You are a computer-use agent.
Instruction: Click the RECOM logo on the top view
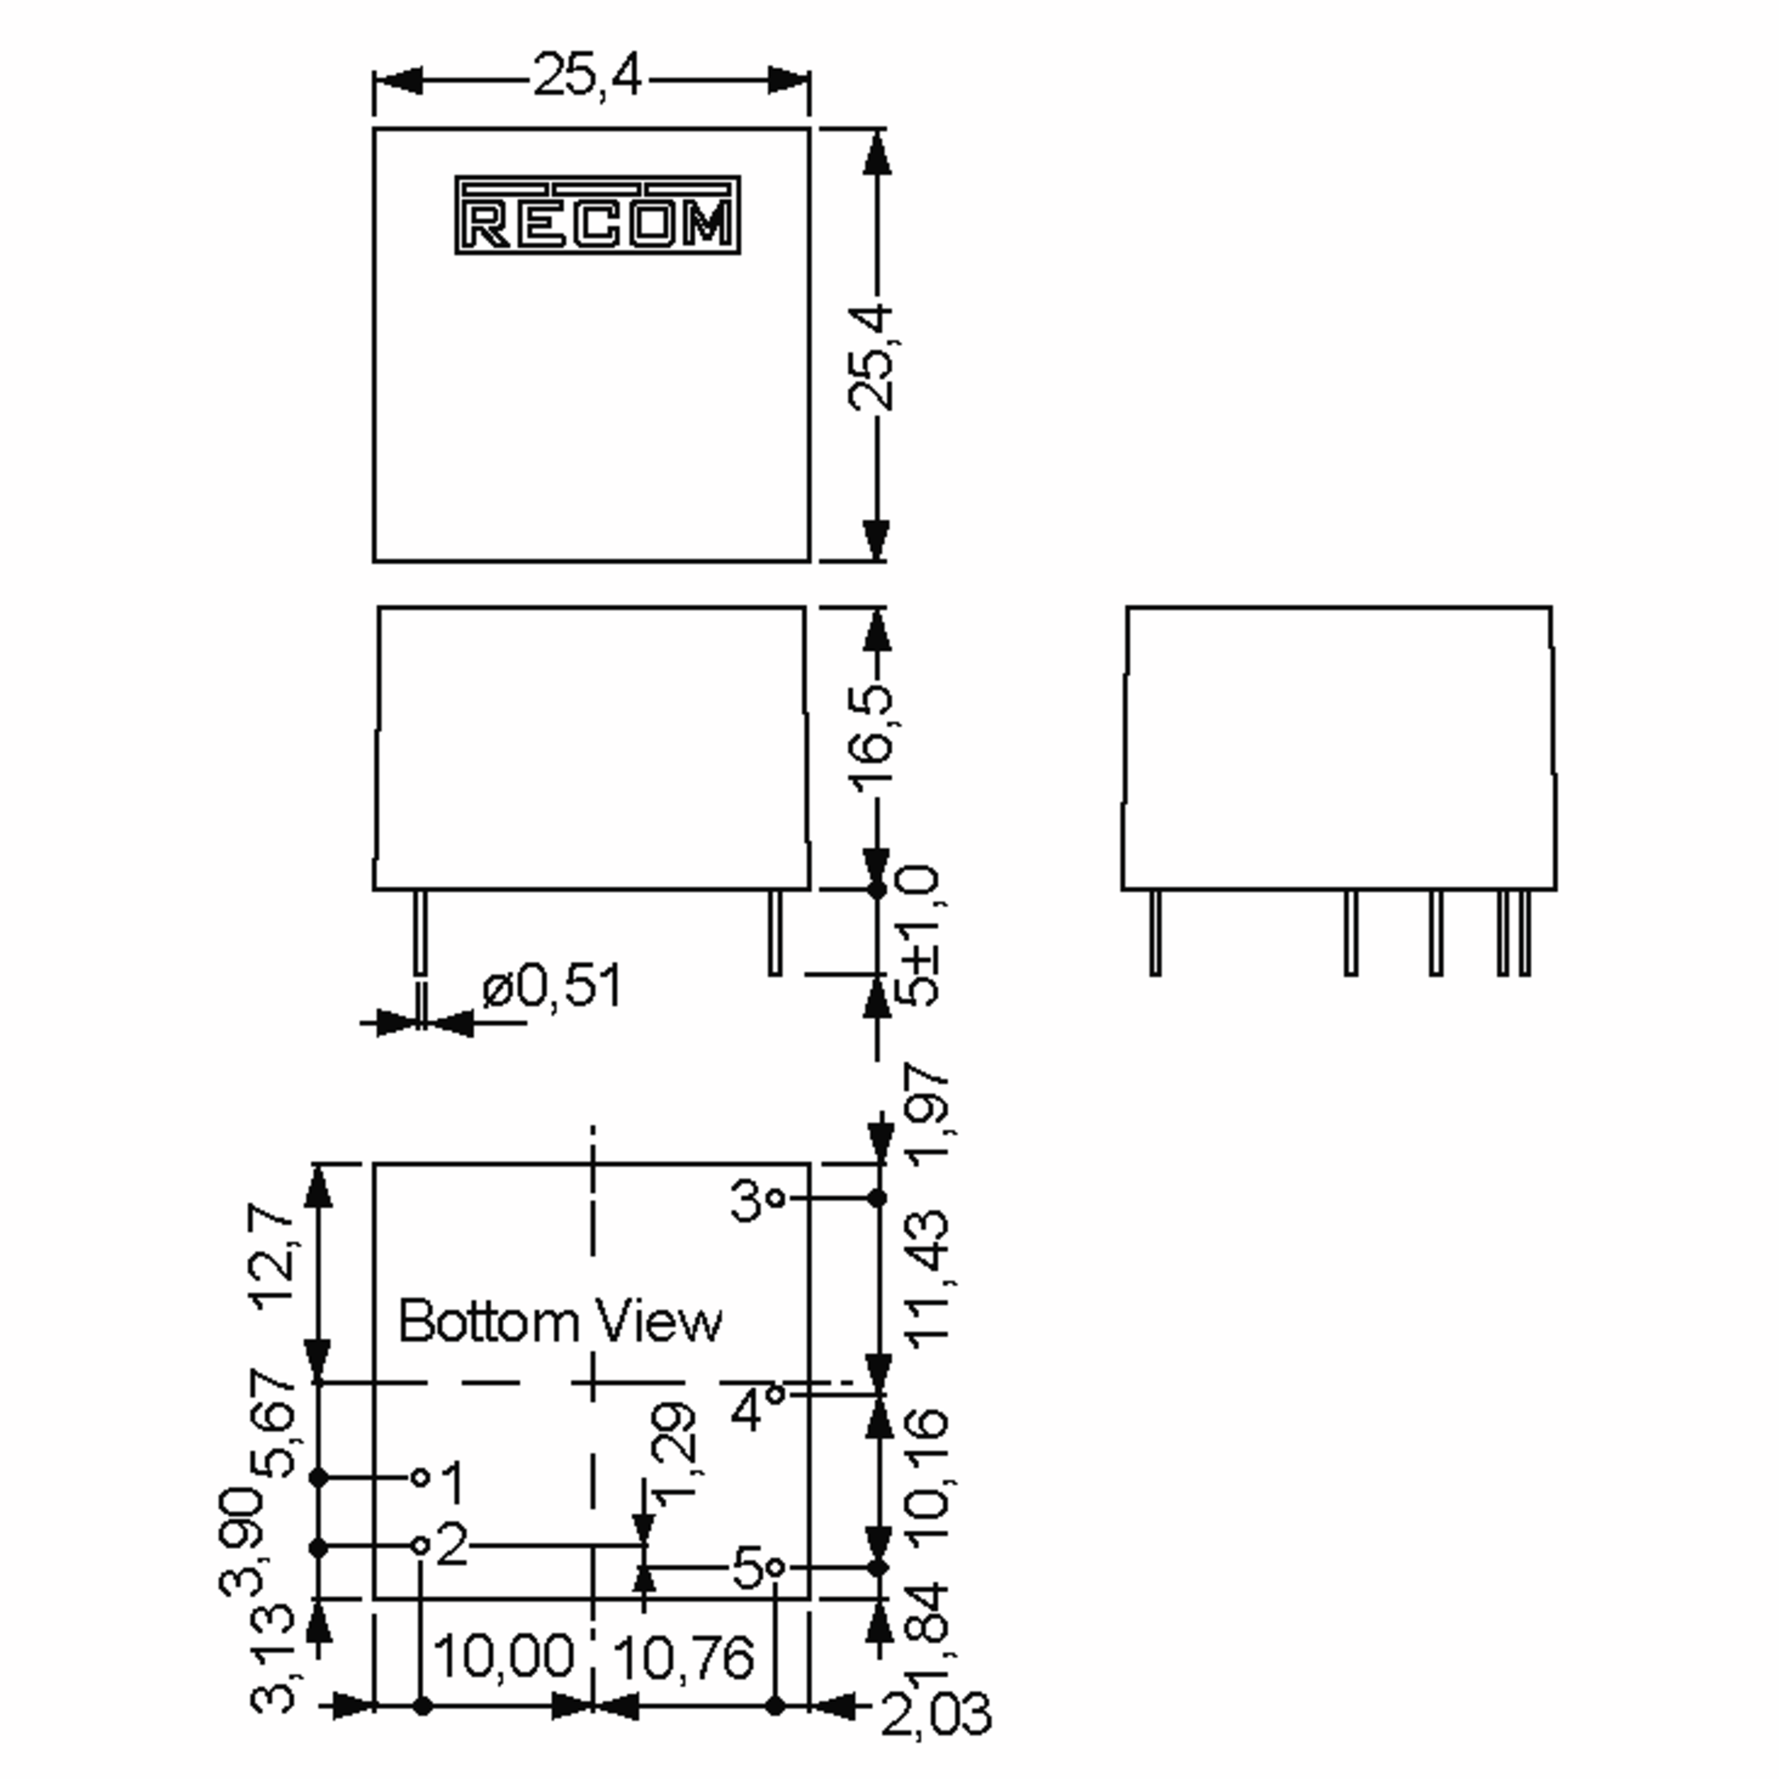pos(597,216)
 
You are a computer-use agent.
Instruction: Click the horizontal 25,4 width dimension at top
pos(588,76)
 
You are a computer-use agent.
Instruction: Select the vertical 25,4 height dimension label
pos(871,357)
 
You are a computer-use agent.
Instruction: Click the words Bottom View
pos(560,1322)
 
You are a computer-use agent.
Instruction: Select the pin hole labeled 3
pos(775,1198)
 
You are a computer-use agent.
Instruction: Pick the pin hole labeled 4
pos(775,1394)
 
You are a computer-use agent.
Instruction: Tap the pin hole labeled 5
pos(775,1567)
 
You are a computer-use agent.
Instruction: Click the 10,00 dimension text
pos(504,1656)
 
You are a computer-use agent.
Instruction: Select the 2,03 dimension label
pos(935,1715)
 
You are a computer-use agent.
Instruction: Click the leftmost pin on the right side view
pos(1156,932)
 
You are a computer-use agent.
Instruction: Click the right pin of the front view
pos(775,932)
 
